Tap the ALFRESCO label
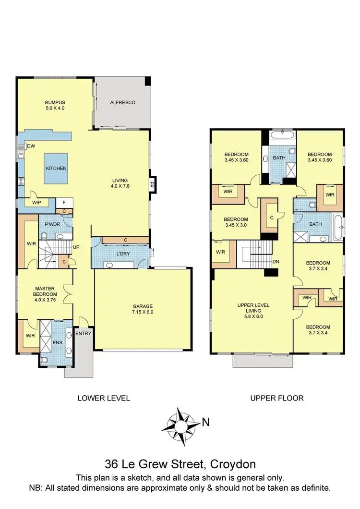pos(122,102)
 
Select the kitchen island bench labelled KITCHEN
pos(56,169)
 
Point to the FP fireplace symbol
pos(152,183)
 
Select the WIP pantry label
pos(36,203)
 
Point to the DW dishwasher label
pos(31,146)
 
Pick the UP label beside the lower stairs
pos(75,247)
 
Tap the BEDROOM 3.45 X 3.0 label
pos(236,222)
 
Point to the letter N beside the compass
pos(205,423)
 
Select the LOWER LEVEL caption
pos(104,398)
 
